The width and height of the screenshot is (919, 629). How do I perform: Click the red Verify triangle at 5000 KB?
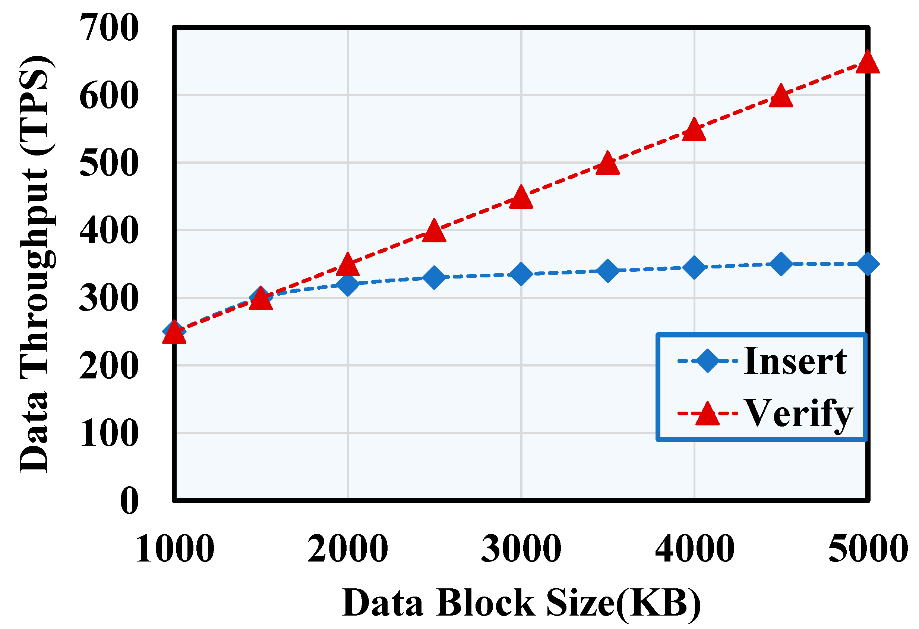coord(867,64)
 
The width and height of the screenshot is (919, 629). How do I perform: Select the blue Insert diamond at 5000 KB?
coord(867,264)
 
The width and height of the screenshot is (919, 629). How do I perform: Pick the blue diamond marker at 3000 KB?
coord(521,274)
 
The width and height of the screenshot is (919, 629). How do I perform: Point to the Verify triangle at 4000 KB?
coord(694,131)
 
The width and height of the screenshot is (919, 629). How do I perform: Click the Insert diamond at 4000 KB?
coord(694,267)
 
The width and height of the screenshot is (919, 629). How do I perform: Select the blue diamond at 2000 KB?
coord(348,284)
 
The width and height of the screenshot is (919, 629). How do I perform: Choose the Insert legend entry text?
coord(795,361)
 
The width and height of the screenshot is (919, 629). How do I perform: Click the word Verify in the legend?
coord(798,413)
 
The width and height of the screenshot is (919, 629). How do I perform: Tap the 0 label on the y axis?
coord(130,501)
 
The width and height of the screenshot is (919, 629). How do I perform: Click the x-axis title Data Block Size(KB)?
coord(521,604)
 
